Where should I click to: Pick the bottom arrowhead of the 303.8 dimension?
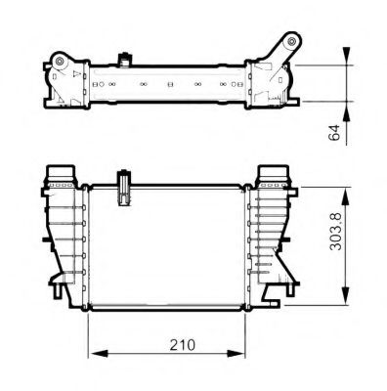(348, 301)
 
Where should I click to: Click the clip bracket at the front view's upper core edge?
(123, 188)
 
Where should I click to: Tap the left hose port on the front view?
(62, 177)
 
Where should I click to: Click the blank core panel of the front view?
(171, 249)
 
